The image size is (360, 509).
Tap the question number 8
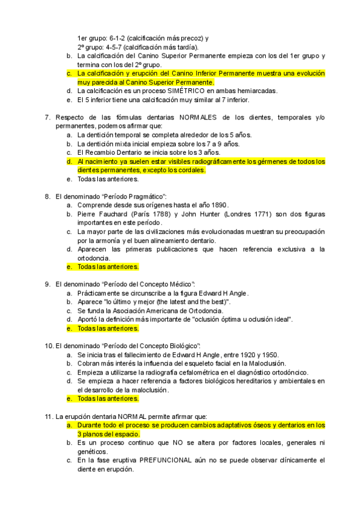point(47,196)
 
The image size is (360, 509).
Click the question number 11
point(49,416)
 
